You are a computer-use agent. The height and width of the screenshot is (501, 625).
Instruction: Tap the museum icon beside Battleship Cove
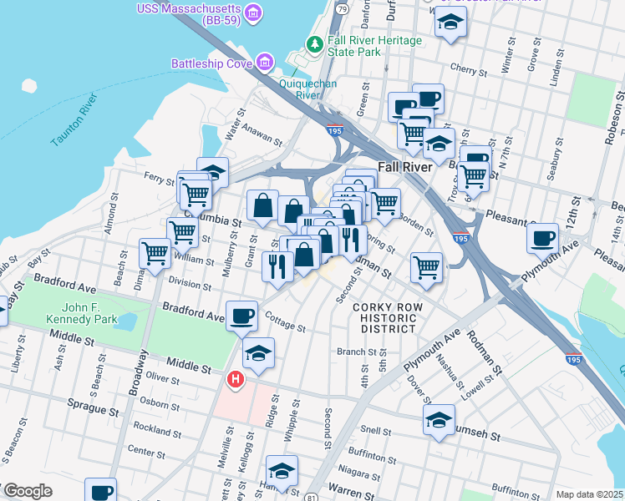coord(265,63)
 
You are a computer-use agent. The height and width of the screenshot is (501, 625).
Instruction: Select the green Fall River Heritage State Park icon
coord(315,43)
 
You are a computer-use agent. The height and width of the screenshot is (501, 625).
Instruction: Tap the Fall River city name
coord(404,166)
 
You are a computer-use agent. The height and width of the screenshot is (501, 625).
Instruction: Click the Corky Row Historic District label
coord(384,318)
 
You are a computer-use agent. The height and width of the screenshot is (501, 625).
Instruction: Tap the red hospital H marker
coord(236,380)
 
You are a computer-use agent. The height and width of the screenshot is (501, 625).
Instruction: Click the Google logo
coord(27,490)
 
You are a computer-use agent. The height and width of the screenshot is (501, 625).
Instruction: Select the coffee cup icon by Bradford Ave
coord(241,315)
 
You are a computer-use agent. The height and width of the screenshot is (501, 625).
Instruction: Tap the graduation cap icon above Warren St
coord(282,471)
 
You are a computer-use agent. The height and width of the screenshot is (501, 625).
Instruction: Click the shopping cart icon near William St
coord(155,254)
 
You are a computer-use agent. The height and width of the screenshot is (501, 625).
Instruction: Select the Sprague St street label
coord(90,410)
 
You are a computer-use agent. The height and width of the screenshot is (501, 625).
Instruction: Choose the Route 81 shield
coord(311,498)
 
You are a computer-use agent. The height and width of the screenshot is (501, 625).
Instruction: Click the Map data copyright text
coord(589,494)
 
